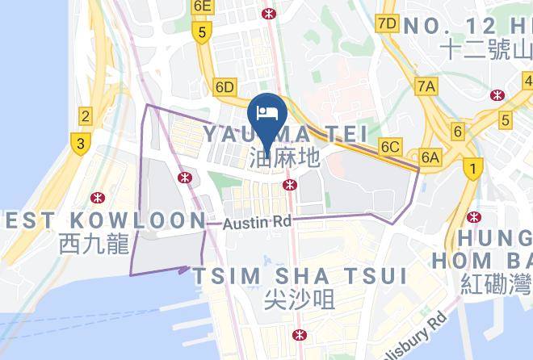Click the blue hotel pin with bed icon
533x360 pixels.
pos(267,110)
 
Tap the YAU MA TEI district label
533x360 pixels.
pos(285,132)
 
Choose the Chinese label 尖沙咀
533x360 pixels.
pos(300,300)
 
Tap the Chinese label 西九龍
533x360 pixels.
pos(94,243)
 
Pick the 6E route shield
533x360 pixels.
pos(201,6)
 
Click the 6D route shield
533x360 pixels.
pos(224,86)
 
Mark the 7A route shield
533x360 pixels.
pos(426,85)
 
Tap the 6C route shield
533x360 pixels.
pos(391,146)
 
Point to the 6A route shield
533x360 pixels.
pos(430,158)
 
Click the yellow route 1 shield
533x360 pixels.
pos(472,169)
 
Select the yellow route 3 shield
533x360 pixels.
pos(79,144)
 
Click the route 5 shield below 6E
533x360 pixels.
pos(201,33)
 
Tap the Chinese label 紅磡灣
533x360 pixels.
pos(495,284)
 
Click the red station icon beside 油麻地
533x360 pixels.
pos(288,185)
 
